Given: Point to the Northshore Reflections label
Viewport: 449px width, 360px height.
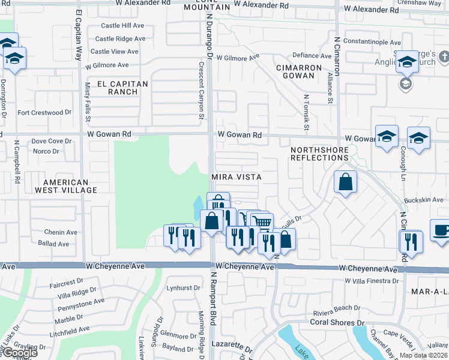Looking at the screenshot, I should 319,153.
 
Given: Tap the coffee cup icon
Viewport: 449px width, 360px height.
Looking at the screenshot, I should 441,231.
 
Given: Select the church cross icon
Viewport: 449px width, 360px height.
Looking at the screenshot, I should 444,57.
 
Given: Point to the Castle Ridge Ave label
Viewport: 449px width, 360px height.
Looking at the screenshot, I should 120,38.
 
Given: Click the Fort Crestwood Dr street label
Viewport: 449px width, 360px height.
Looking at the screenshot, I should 44,112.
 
